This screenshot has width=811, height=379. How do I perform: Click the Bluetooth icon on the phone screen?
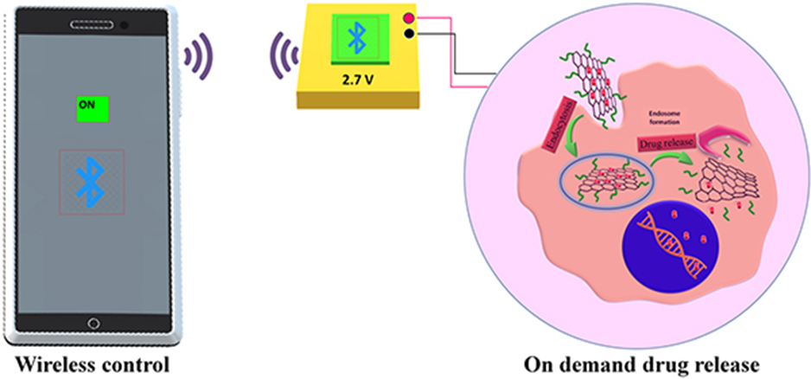click(x=90, y=181)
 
